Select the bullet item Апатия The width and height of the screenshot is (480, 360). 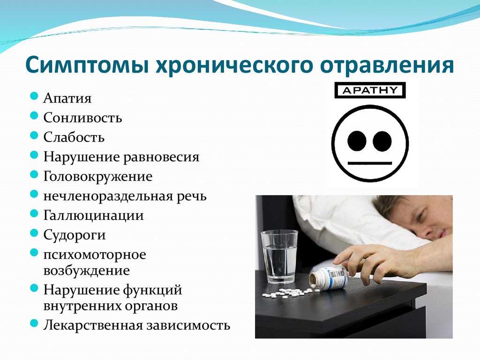point(67,98)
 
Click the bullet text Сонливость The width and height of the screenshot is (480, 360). point(82,118)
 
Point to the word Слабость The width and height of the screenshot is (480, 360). point(74,137)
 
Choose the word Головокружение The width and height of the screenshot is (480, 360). point(98,177)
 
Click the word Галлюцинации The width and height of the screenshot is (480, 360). point(93,216)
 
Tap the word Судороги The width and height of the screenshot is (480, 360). point(75,235)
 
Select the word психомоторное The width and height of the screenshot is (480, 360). point(95,255)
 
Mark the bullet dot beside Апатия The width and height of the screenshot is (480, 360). point(34,96)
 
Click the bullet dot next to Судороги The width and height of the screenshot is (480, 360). point(34,233)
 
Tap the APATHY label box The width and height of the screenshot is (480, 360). point(370,90)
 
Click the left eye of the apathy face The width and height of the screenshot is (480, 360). point(357,142)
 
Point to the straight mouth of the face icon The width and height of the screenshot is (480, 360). point(370,163)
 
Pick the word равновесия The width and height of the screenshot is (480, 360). point(161,157)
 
